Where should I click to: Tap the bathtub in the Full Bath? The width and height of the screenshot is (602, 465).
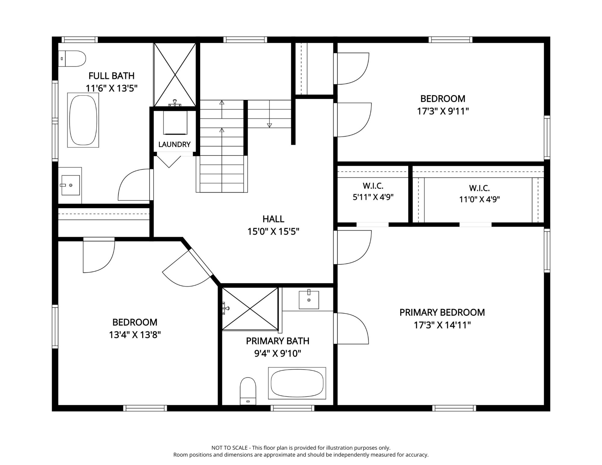point(83,120)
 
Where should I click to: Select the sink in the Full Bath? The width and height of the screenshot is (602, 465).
point(70,185)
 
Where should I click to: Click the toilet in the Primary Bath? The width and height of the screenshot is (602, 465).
point(248,391)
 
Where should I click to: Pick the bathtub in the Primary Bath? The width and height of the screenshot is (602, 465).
point(297,383)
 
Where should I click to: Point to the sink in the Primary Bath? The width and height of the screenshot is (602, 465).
point(309,299)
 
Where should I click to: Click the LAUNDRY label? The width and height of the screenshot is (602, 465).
point(174,144)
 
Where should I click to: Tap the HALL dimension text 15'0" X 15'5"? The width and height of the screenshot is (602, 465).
point(273,232)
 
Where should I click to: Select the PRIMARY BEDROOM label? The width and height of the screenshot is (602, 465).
point(442,312)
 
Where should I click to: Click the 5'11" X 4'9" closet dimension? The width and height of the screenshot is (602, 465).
point(373,197)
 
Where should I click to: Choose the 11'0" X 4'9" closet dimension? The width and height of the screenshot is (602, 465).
point(479,199)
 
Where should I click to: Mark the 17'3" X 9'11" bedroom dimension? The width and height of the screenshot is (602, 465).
point(443,111)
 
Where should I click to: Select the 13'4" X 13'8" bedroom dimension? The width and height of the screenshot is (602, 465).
point(135,335)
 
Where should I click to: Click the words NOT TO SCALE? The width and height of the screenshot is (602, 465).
point(230,448)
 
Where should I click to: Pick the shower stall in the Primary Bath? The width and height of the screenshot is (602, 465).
point(250,309)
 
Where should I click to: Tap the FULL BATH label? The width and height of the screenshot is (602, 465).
point(111,76)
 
